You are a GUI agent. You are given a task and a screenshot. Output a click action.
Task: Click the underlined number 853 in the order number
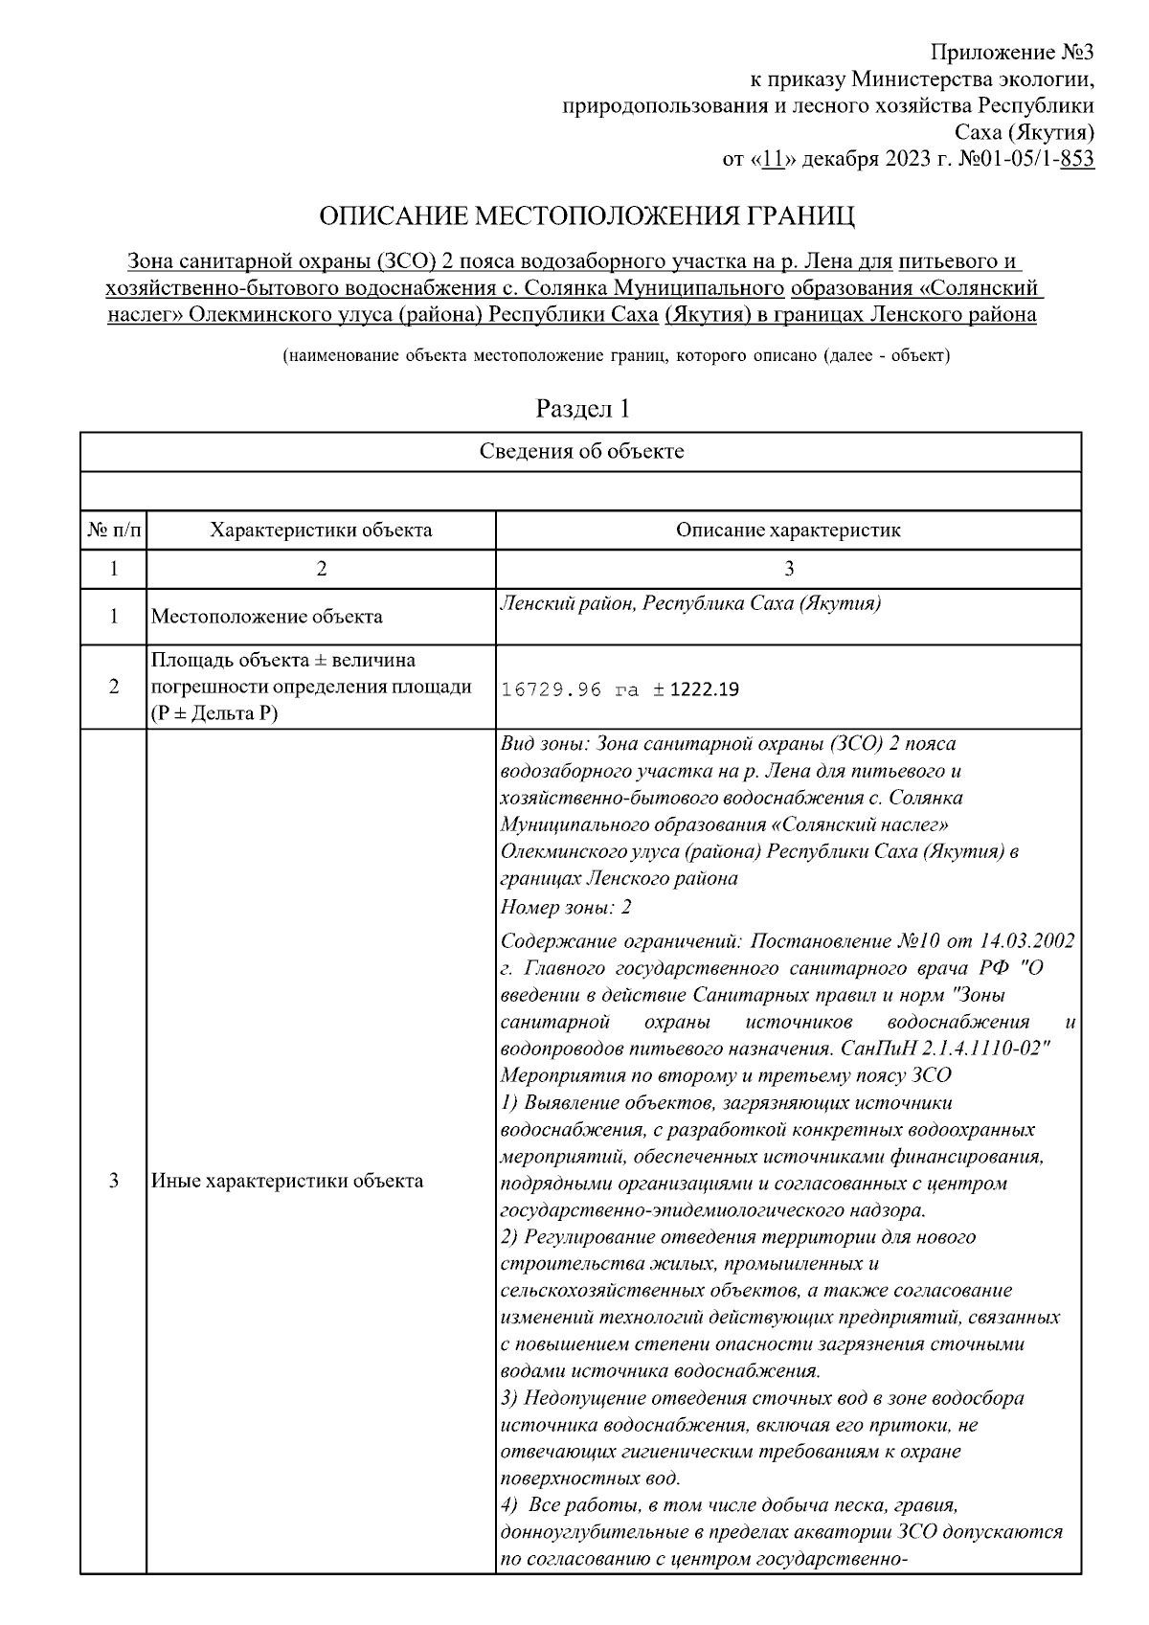pyautogui.click(x=1077, y=159)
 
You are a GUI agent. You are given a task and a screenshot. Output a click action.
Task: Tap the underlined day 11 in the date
pyautogui.click(x=774, y=159)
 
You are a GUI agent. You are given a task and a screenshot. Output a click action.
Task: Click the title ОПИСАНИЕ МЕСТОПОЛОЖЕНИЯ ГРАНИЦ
pyautogui.click(x=586, y=215)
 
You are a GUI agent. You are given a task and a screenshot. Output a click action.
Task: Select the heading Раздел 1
pyautogui.click(x=582, y=409)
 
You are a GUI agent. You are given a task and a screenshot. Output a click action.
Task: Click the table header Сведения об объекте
pyautogui.click(x=581, y=451)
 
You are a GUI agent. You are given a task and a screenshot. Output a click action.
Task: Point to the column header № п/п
pyautogui.click(x=113, y=530)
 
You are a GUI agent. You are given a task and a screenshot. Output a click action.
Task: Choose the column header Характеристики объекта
pyautogui.click(x=321, y=530)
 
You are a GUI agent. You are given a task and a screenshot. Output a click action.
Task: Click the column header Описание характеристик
pyautogui.click(x=788, y=530)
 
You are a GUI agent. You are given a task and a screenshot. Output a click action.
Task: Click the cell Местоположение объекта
pyautogui.click(x=267, y=617)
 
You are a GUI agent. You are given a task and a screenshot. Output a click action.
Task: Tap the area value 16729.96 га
pyautogui.click(x=570, y=689)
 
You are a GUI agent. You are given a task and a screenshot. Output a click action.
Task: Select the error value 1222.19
pyautogui.click(x=704, y=689)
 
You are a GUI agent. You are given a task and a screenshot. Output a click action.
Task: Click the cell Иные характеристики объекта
pyautogui.click(x=287, y=1181)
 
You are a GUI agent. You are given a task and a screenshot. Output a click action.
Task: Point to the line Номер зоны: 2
pyautogui.click(x=566, y=907)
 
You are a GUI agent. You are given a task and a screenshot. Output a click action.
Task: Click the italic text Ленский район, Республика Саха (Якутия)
pyautogui.click(x=690, y=603)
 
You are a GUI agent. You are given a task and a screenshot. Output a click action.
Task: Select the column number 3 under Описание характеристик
pyautogui.click(x=789, y=569)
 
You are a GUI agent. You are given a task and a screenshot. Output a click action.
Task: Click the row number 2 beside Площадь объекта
pyautogui.click(x=113, y=688)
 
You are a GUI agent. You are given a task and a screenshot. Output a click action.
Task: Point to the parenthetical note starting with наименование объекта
pyautogui.click(x=616, y=356)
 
